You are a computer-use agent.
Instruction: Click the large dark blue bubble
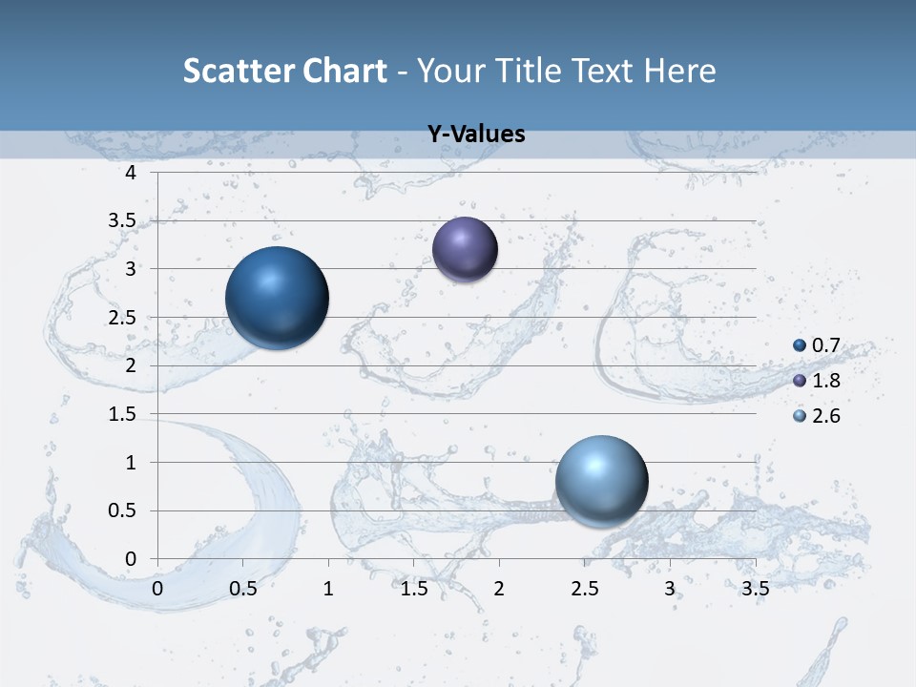[277, 298]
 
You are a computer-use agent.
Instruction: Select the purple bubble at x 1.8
[465, 249]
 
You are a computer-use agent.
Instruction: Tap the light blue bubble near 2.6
[601, 480]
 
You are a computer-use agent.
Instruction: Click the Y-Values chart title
[476, 135]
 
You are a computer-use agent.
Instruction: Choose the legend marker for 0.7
[800, 345]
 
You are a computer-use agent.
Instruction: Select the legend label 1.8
[825, 381]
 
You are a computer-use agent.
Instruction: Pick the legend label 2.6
[825, 416]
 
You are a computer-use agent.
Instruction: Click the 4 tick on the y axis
[131, 173]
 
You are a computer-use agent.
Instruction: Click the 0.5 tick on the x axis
[243, 589]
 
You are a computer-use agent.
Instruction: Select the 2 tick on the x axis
[499, 589]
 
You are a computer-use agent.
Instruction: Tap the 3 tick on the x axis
[670, 589]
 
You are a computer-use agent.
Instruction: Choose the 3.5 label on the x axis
[755, 589]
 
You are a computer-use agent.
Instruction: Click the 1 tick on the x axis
[328, 589]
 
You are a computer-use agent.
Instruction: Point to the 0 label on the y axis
[131, 559]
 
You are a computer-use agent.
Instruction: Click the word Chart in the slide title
[344, 71]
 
